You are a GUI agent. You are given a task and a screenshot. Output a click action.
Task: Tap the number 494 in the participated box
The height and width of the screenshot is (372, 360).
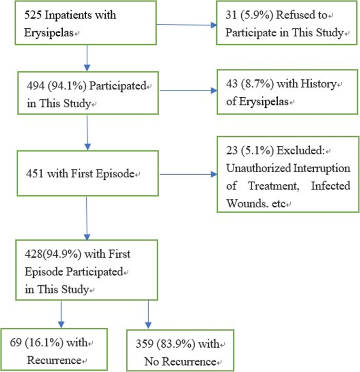click(x=35, y=86)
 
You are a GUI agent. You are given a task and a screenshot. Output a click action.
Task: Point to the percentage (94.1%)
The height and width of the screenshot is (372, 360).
click(x=68, y=86)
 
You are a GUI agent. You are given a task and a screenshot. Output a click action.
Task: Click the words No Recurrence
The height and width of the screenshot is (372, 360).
click(x=180, y=361)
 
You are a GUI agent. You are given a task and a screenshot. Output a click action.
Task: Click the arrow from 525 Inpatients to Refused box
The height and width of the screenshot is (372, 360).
click(x=186, y=24)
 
